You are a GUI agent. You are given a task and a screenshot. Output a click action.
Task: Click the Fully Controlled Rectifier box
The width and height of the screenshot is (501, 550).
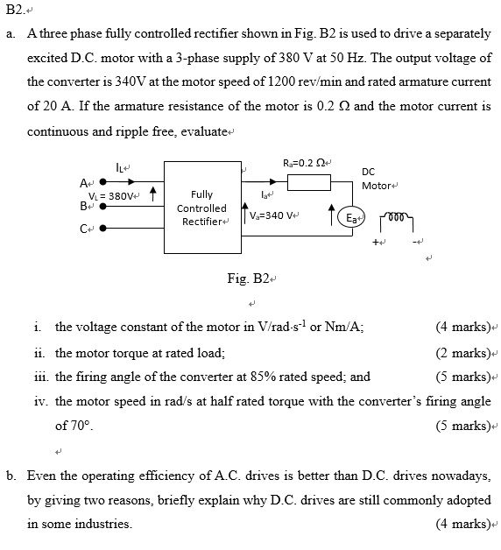click(201, 207)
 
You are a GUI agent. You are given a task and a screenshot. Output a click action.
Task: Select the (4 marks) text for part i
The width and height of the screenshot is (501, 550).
click(462, 328)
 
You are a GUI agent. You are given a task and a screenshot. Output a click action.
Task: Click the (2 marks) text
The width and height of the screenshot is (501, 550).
click(462, 352)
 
